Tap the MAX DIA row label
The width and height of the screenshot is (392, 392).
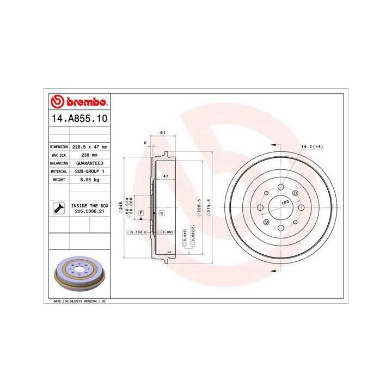tap(58, 155)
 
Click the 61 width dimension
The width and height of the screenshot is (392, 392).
tap(162, 133)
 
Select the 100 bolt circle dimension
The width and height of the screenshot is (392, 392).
tap(284, 203)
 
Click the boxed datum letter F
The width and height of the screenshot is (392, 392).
tap(140, 212)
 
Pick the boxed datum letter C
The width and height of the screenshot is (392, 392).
tap(162, 212)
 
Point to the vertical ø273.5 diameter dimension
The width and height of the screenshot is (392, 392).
tap(209, 207)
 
